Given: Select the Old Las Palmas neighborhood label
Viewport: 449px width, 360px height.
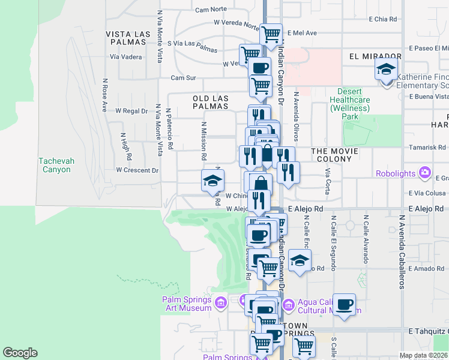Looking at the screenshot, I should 211,101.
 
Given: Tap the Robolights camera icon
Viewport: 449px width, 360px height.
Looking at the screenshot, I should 425,173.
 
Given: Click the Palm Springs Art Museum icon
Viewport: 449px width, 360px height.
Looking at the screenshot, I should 221,301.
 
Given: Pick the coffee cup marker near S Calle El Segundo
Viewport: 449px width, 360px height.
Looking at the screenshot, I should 345,304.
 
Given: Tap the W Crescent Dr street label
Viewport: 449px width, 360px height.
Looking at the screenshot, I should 137,170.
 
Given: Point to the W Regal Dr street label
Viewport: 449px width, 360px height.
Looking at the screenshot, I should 131,111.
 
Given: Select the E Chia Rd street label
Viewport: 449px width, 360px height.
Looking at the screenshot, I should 384,19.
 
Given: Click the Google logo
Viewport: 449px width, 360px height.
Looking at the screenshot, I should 20,353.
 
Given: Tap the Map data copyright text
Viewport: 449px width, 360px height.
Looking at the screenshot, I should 423,356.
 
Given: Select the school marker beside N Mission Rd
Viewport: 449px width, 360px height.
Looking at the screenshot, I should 212,180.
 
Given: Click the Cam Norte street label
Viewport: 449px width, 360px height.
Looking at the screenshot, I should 211,10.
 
